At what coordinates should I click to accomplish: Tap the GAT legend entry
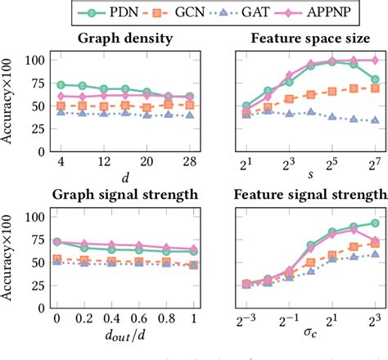(x=255, y=13)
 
